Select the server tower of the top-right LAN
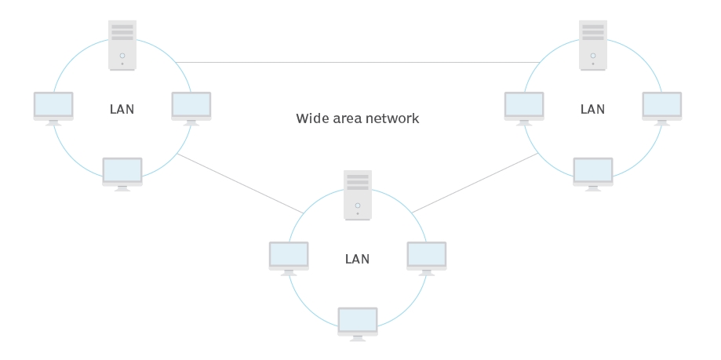[x=593, y=45]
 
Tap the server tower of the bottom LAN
[x=358, y=195]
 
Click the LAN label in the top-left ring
[x=122, y=109]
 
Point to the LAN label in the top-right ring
[x=593, y=109]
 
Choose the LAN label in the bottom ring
[x=358, y=259]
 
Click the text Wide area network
[x=358, y=118]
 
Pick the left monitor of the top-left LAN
[x=53, y=107]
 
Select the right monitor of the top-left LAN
[x=191, y=107]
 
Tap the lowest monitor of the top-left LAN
[x=122, y=173]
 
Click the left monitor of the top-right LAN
[x=524, y=107]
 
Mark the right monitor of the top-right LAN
[x=662, y=107]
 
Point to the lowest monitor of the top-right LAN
[x=593, y=173]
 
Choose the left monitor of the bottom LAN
[x=289, y=256]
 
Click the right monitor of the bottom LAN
[x=427, y=256]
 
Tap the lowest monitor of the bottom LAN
[x=358, y=322]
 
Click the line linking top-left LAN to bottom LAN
[x=239, y=183]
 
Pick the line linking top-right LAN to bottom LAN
[x=475, y=183]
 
